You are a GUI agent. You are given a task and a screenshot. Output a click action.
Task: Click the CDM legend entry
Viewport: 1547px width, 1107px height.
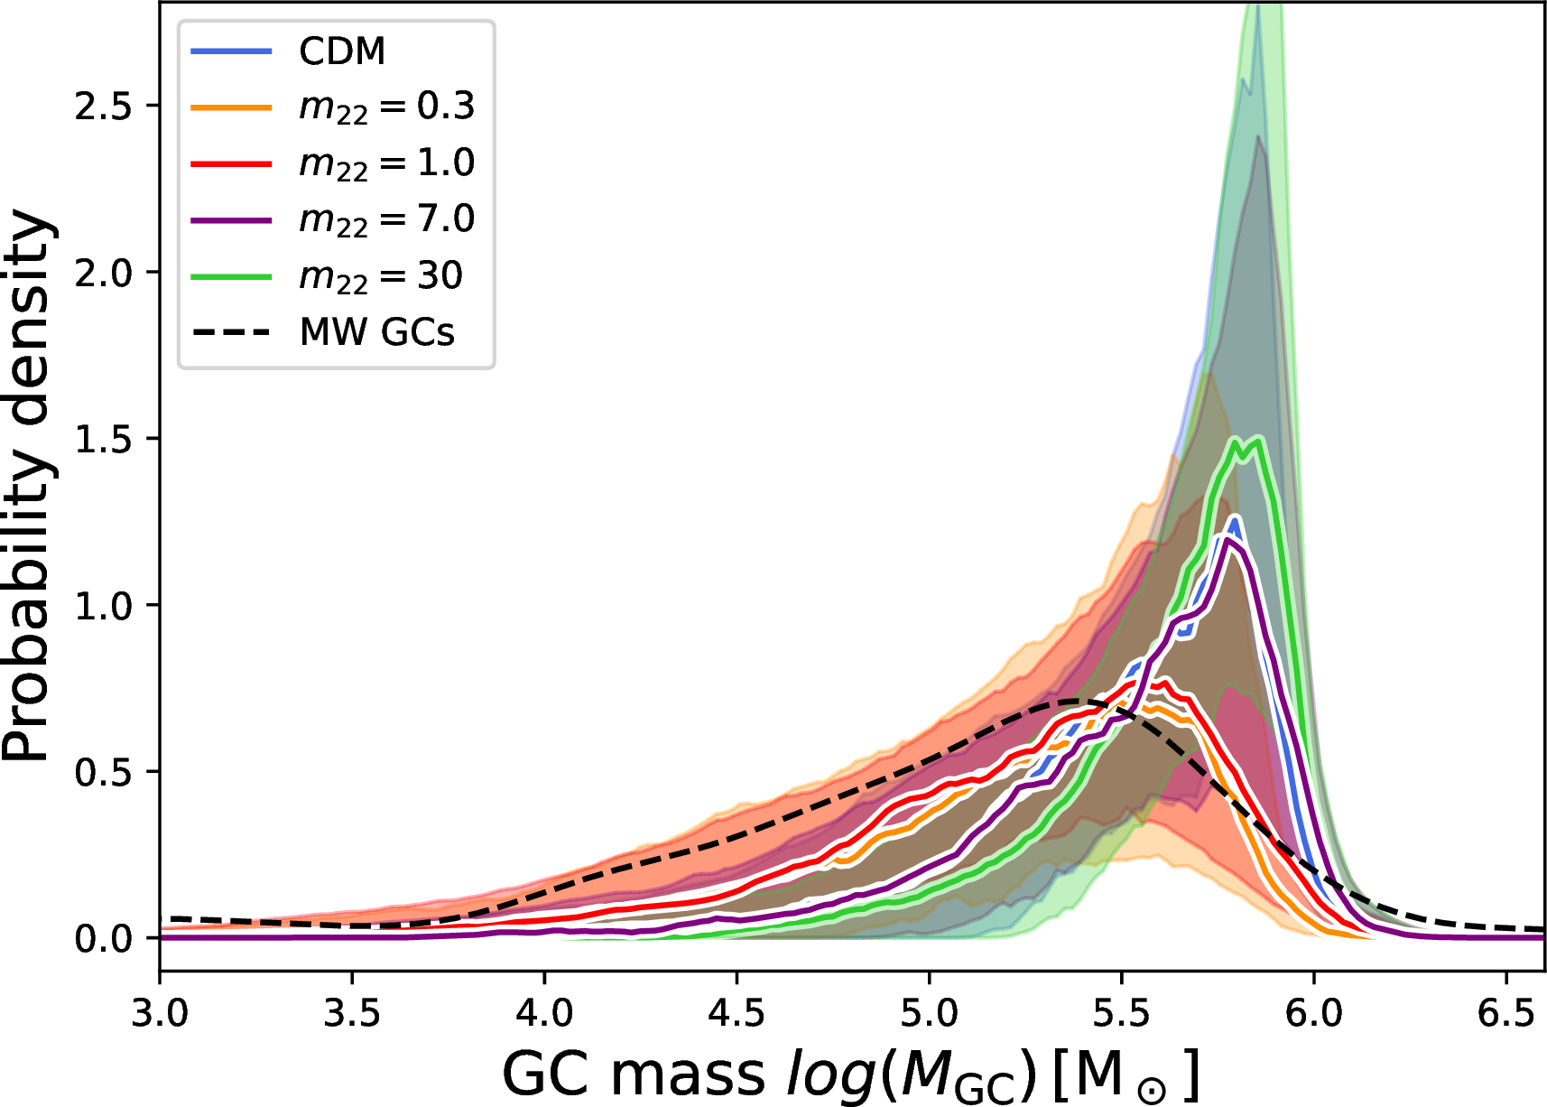point(342,51)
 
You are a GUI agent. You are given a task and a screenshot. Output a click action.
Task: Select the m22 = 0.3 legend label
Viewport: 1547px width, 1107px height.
point(386,107)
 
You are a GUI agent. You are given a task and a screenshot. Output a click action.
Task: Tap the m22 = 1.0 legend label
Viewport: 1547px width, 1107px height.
point(386,163)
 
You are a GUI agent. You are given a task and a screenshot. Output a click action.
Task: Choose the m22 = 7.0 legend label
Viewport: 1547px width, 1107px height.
point(386,219)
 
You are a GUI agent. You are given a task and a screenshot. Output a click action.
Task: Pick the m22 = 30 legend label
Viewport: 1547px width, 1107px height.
point(380,275)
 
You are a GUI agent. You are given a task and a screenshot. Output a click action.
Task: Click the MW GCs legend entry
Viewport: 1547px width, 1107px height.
point(377,332)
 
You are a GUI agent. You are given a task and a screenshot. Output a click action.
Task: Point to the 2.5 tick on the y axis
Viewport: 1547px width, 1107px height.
point(103,107)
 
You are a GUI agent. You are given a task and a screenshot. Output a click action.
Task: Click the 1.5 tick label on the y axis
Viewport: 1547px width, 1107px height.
point(103,439)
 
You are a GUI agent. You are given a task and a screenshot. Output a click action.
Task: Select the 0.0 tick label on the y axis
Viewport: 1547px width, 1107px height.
point(103,938)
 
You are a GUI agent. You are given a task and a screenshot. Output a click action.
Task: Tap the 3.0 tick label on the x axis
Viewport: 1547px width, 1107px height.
point(160,1013)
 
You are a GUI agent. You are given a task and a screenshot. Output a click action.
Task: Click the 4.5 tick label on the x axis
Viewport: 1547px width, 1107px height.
point(736,1013)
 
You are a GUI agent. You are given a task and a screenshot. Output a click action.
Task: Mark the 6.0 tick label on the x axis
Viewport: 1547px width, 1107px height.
point(1313,1013)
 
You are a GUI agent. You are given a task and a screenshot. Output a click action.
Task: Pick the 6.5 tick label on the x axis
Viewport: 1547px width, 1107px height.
point(1505,1013)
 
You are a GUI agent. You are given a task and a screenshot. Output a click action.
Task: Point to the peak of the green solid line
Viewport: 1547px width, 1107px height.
point(1257,440)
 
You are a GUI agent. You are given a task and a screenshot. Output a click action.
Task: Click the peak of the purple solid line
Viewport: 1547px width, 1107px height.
point(1227,541)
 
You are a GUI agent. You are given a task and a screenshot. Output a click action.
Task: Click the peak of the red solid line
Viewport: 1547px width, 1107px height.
point(1157,684)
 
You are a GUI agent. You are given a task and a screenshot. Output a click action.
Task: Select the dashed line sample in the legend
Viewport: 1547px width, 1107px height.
point(231,332)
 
